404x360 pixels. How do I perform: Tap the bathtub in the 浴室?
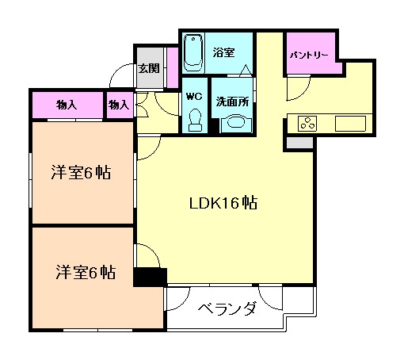pyautogui.click(x=194, y=52)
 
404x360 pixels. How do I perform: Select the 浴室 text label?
pyautogui.click(x=223, y=52)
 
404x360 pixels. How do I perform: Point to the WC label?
pyautogui.click(x=194, y=97)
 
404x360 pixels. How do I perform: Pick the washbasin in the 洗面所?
pyautogui.click(x=234, y=122)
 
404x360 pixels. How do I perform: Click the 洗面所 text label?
pyautogui.click(x=234, y=102)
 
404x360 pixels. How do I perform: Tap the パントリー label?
pyautogui.click(x=311, y=56)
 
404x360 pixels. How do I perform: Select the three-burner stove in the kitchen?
pyautogui.click(x=307, y=123)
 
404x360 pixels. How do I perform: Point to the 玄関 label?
pyautogui.click(x=148, y=68)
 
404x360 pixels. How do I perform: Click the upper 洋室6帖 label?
pyautogui.click(x=81, y=173)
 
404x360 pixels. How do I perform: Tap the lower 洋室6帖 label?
pyautogui.click(x=85, y=273)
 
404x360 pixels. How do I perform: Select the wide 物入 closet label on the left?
pyautogui.click(x=67, y=104)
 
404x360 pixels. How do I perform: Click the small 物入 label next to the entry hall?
pyautogui.click(x=119, y=104)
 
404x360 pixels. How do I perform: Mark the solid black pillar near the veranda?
pyautogui.click(x=149, y=278)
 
